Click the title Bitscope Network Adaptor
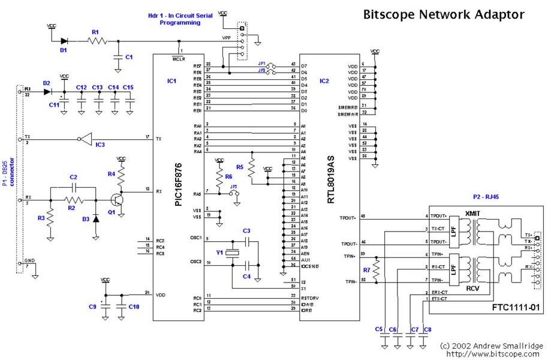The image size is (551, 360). point(444,14)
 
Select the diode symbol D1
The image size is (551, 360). point(64,41)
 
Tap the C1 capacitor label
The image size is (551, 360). point(128,57)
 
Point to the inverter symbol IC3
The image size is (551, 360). point(84,139)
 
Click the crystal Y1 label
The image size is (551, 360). point(220,253)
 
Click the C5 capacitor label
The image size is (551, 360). point(379,329)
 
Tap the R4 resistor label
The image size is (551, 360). point(111,174)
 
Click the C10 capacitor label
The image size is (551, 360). point(134,307)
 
